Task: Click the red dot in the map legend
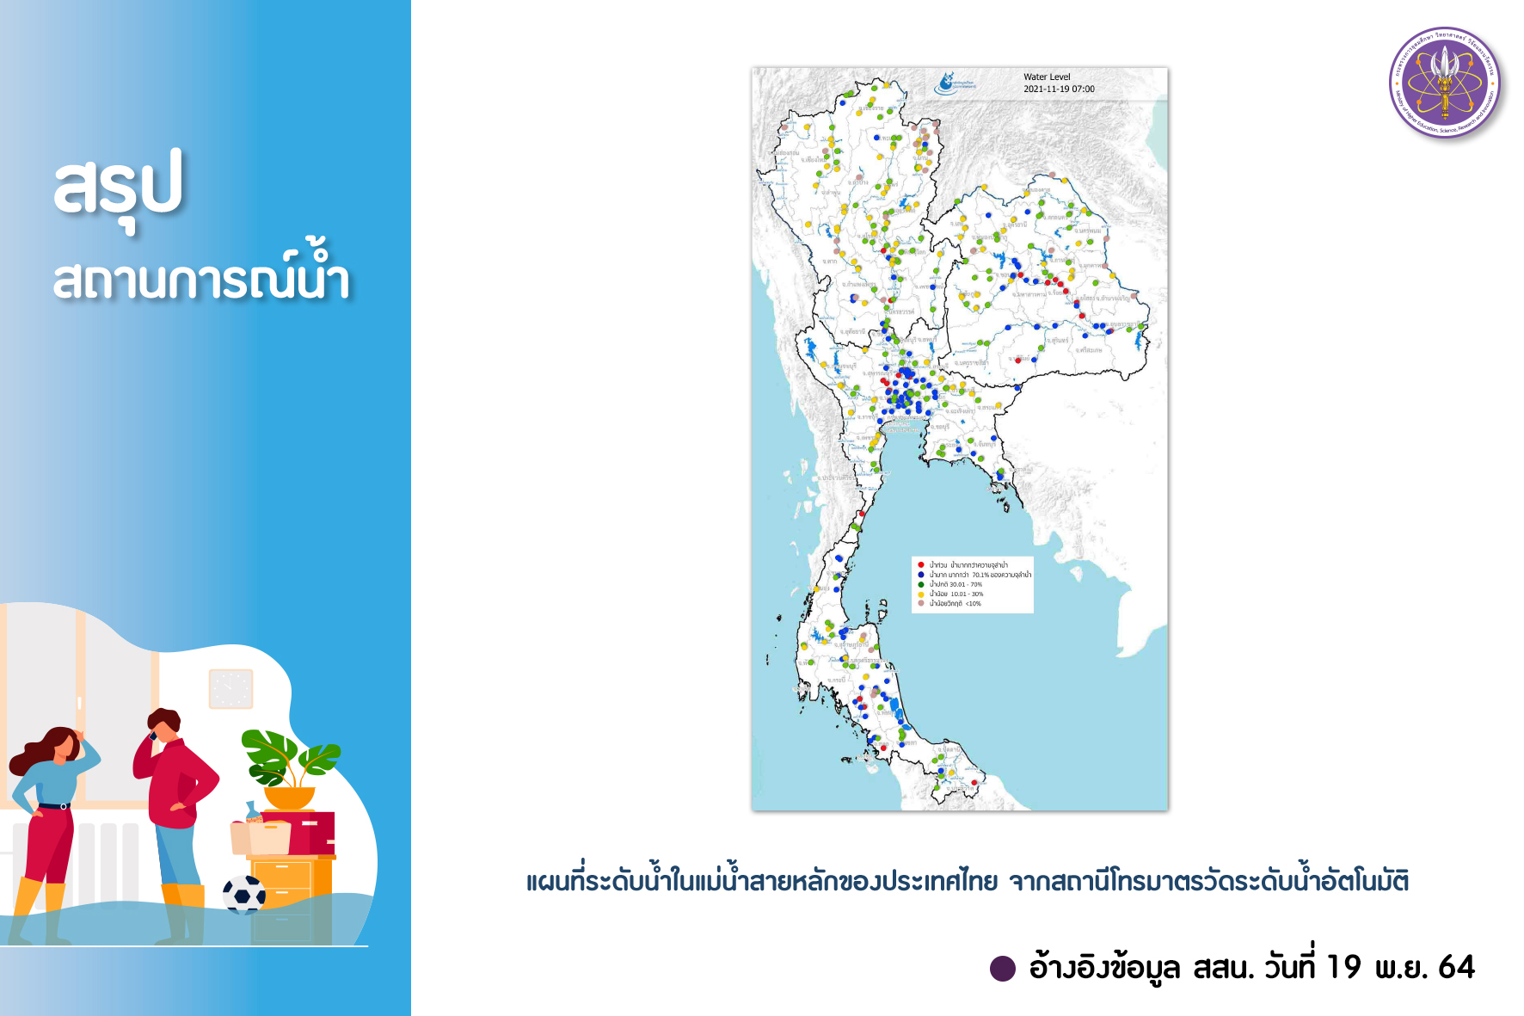921,565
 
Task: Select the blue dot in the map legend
921,575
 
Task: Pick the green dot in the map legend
921,584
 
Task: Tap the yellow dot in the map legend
921,594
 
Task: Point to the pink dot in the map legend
921,603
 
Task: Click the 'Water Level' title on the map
1047,77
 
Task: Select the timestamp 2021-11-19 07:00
1059,89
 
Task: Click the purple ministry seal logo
1445,83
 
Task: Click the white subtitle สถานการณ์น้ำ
202,277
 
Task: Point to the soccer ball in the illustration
244,894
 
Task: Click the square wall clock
231,689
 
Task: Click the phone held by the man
153,736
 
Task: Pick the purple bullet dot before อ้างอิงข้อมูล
1003,969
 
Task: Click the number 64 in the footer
1456,968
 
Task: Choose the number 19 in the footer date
1343,968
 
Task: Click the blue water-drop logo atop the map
946,83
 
